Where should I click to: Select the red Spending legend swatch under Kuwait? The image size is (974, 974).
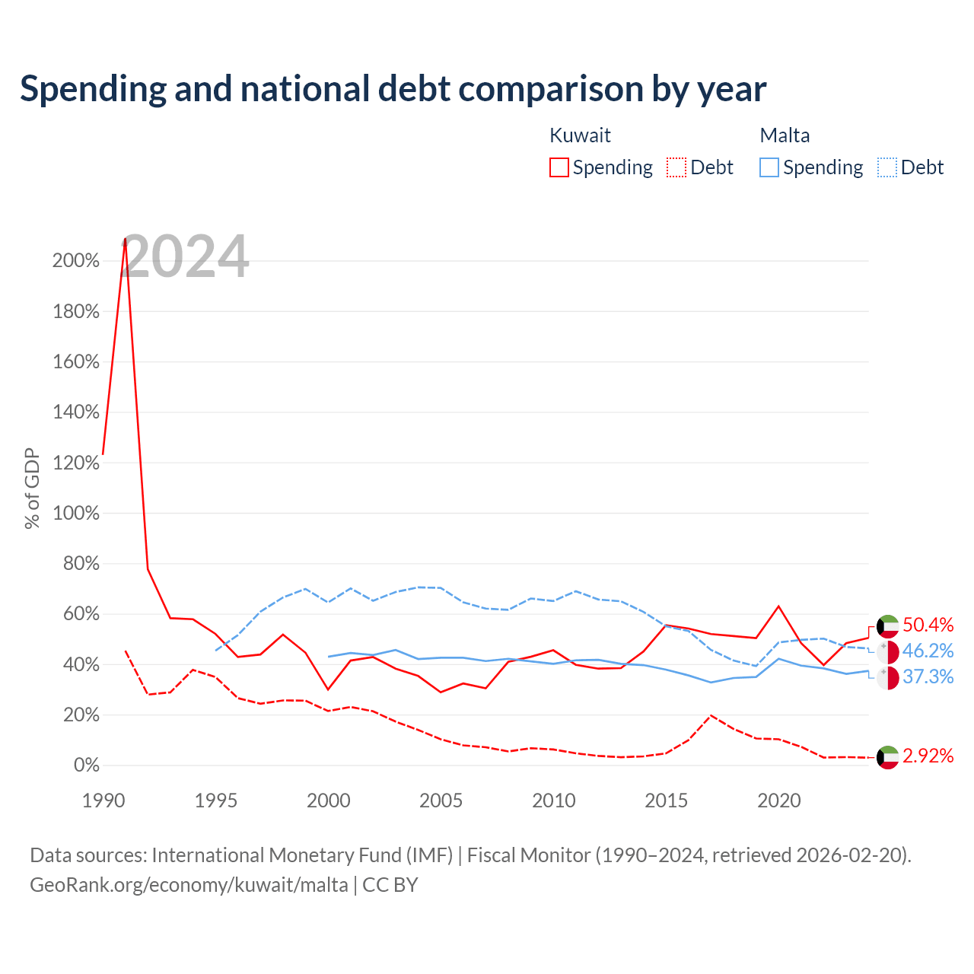[x=559, y=167]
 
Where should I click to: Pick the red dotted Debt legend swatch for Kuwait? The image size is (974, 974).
[x=676, y=167]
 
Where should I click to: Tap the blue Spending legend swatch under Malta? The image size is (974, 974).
[x=769, y=167]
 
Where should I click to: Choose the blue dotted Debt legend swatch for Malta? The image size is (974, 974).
[x=886, y=167]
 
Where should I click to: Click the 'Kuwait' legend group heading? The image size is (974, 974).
[x=580, y=135]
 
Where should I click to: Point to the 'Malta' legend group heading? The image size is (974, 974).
[x=785, y=135]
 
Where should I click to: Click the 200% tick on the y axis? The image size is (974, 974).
[x=76, y=261]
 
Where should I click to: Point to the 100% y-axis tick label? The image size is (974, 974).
[x=76, y=513]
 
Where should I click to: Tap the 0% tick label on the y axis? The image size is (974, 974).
[x=87, y=765]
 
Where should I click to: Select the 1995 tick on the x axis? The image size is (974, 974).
[x=216, y=801]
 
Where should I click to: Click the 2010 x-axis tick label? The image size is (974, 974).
[x=553, y=801]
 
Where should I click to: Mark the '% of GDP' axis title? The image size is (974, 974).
[x=32, y=489]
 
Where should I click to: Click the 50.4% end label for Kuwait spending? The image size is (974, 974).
[x=928, y=625]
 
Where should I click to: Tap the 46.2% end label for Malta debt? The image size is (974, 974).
[x=928, y=651]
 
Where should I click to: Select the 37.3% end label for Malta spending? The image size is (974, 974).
[x=928, y=676]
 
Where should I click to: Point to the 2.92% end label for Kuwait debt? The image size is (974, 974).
[x=928, y=756]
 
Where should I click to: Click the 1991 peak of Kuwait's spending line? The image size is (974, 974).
[x=126, y=239]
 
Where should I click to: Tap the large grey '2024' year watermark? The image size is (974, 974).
[x=184, y=256]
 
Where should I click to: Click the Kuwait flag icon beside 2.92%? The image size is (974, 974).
[x=887, y=757]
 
